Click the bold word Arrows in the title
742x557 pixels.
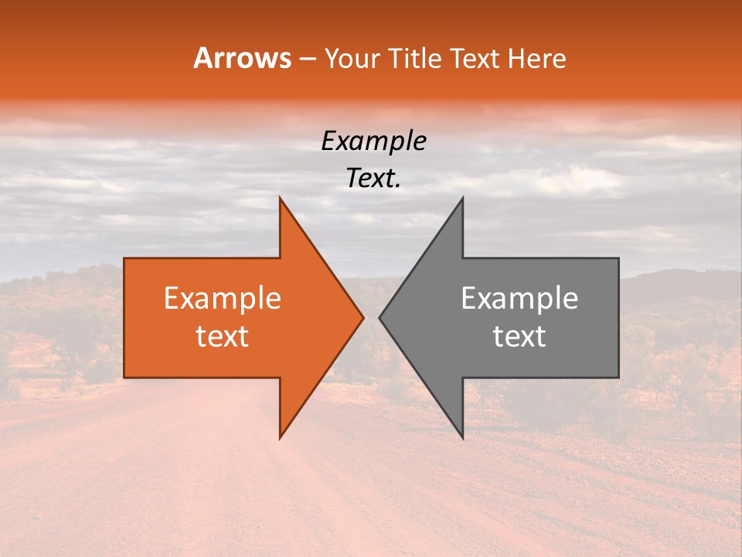tap(242, 58)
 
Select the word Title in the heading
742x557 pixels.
tap(418, 58)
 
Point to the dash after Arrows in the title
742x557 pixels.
tap(308, 59)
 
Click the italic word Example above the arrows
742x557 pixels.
tap(373, 142)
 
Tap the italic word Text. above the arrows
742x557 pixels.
tap(373, 179)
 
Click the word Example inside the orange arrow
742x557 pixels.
tap(222, 299)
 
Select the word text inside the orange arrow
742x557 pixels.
tap(222, 337)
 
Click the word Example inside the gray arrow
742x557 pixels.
tap(519, 299)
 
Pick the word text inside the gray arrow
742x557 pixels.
tap(519, 337)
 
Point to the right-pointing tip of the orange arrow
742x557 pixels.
tap(363, 317)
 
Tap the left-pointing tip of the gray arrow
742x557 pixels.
tap(379, 317)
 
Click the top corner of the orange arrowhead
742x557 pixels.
tap(280, 197)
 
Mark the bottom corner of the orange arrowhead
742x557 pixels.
tap(280, 438)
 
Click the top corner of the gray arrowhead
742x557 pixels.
tap(462, 197)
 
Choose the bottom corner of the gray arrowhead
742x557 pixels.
tap(462, 438)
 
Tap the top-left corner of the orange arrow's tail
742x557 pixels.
tap(124, 258)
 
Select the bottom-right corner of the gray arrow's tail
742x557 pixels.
tap(618, 378)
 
